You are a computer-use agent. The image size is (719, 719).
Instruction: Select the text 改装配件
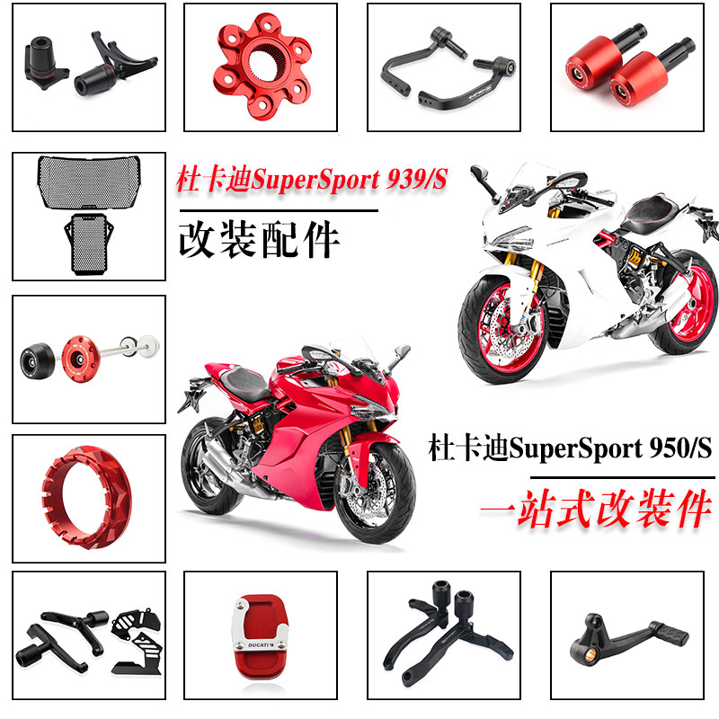(x=260, y=241)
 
